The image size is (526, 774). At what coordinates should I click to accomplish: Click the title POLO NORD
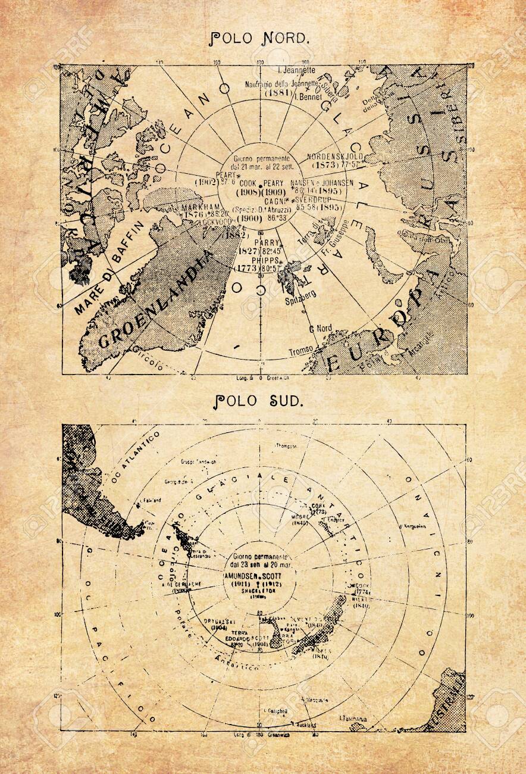261,39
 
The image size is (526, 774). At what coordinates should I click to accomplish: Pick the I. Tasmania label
353,718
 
